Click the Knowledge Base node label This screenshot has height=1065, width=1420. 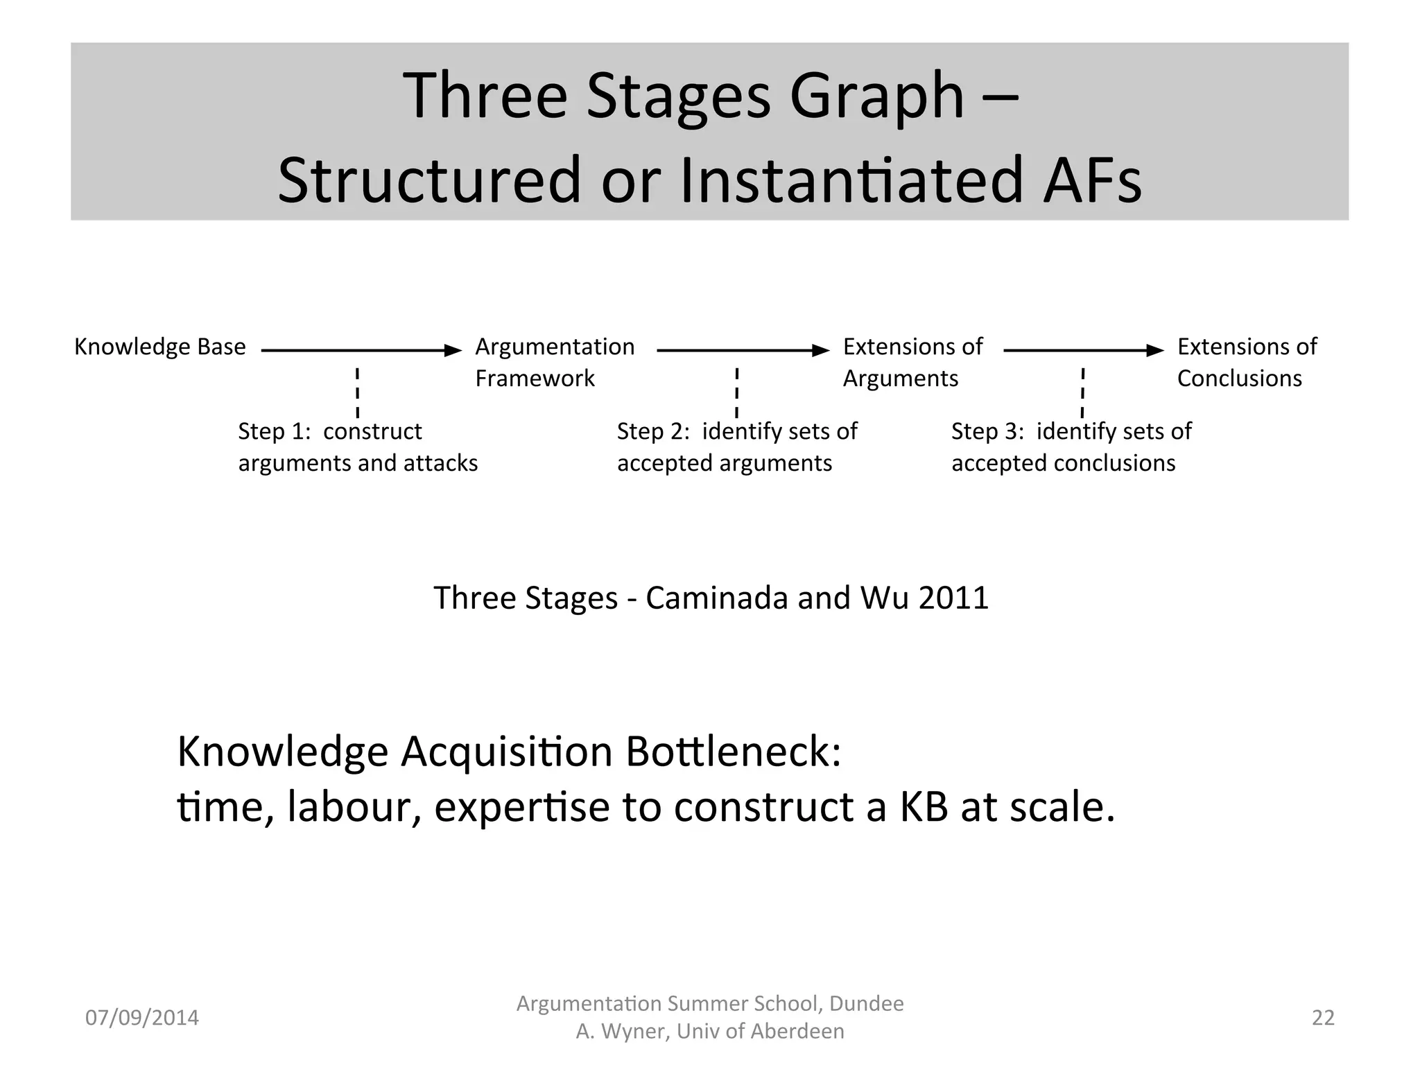tap(159, 347)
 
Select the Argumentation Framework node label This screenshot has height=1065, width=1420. tap(554, 362)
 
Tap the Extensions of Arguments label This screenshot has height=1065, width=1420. tap(912, 362)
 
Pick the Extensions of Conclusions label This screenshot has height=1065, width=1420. tap(1247, 362)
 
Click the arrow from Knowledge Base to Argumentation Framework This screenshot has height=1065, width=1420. tap(361, 351)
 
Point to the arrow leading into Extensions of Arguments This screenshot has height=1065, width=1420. tap(742, 351)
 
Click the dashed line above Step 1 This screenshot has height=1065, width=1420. tap(357, 392)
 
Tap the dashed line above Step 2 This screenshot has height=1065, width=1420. tap(736, 392)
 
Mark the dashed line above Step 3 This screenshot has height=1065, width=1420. tap(1082, 392)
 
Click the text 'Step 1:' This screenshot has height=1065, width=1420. tap(274, 431)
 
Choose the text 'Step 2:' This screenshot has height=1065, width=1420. tap(653, 431)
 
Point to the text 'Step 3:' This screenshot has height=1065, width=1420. tap(987, 431)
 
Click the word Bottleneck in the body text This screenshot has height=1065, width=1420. tap(733, 752)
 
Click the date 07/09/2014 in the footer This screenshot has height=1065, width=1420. tap(141, 1018)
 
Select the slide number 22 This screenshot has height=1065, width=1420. tap(1323, 1018)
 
